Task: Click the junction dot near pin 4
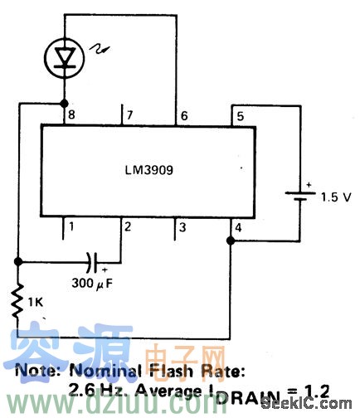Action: [230, 241]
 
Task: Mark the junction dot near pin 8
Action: [63, 104]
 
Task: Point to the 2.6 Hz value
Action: [91, 388]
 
